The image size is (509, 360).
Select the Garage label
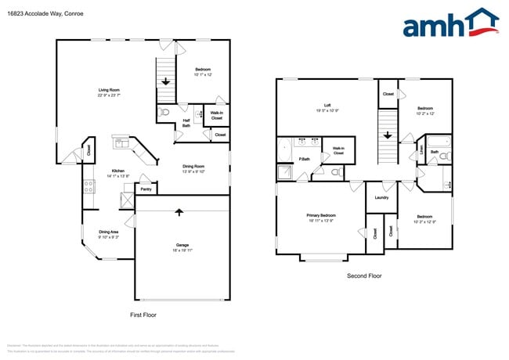click(182, 245)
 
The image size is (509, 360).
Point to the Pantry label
click(146, 189)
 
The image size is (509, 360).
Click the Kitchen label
click(117, 171)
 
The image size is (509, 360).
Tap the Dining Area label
click(109, 232)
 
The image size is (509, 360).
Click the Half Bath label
click(186, 122)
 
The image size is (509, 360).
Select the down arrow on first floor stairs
click(165, 80)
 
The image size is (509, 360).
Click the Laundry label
click(381, 197)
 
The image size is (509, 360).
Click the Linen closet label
click(421, 149)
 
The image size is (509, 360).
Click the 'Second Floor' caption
click(363, 276)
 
